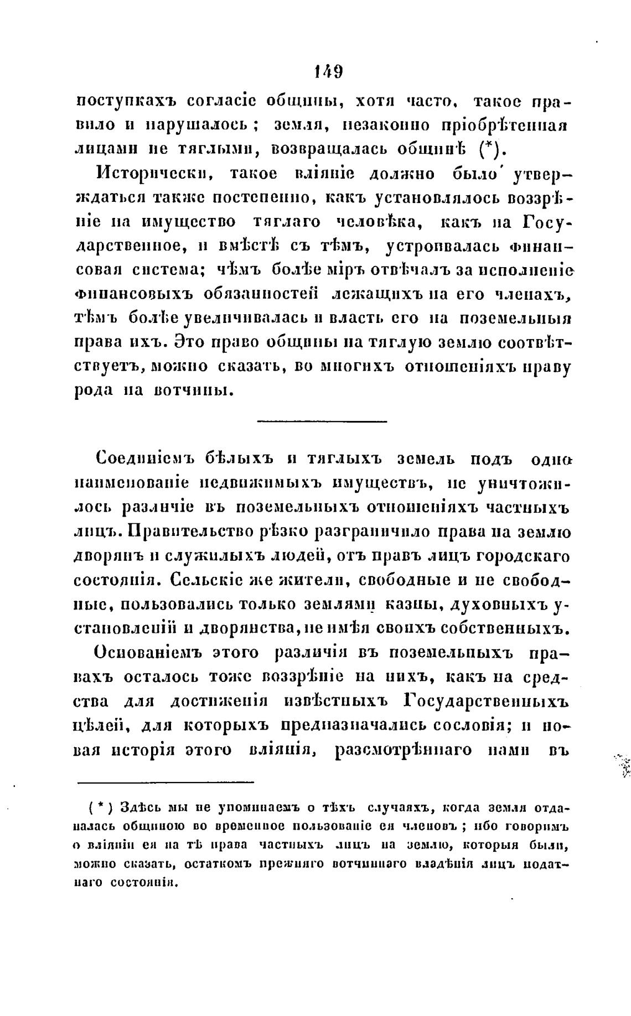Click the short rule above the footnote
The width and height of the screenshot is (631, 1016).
tap(165, 782)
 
